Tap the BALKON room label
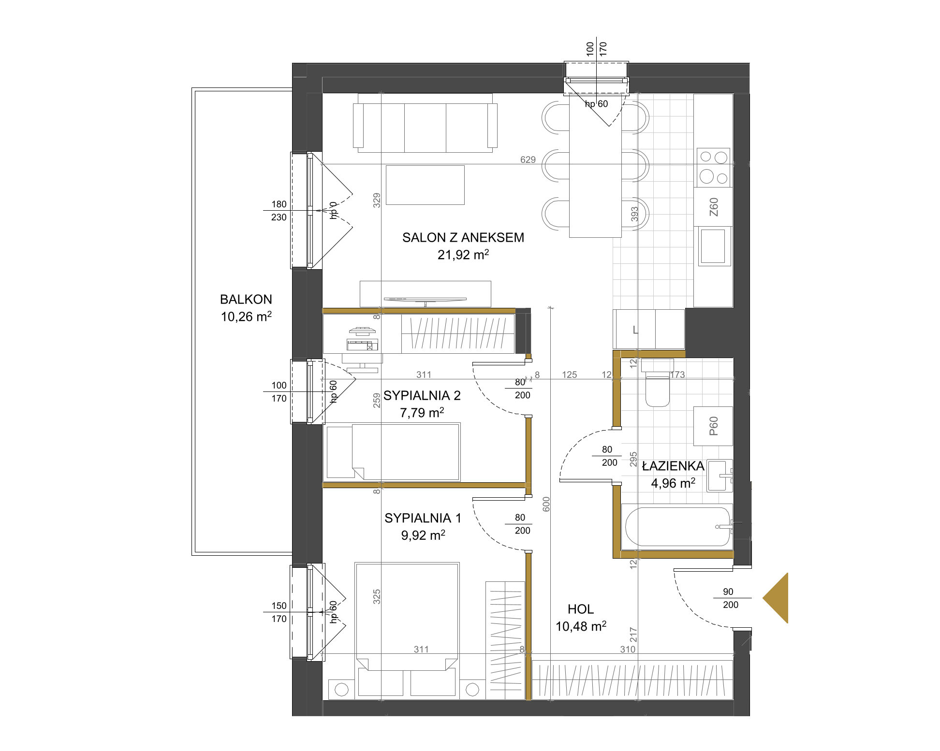[246, 300]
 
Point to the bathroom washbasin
[720, 476]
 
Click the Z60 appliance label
[714, 207]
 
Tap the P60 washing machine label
[714, 426]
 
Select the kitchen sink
[713, 246]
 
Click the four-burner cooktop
[713, 168]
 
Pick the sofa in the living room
[425, 123]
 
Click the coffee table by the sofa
[425, 185]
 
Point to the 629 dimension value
[528, 159]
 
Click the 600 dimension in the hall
[546, 504]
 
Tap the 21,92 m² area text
[463, 254]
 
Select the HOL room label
[581, 609]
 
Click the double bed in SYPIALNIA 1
[407, 630]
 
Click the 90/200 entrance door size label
[730, 598]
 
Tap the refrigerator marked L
[648, 329]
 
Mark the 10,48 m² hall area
[581, 626]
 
